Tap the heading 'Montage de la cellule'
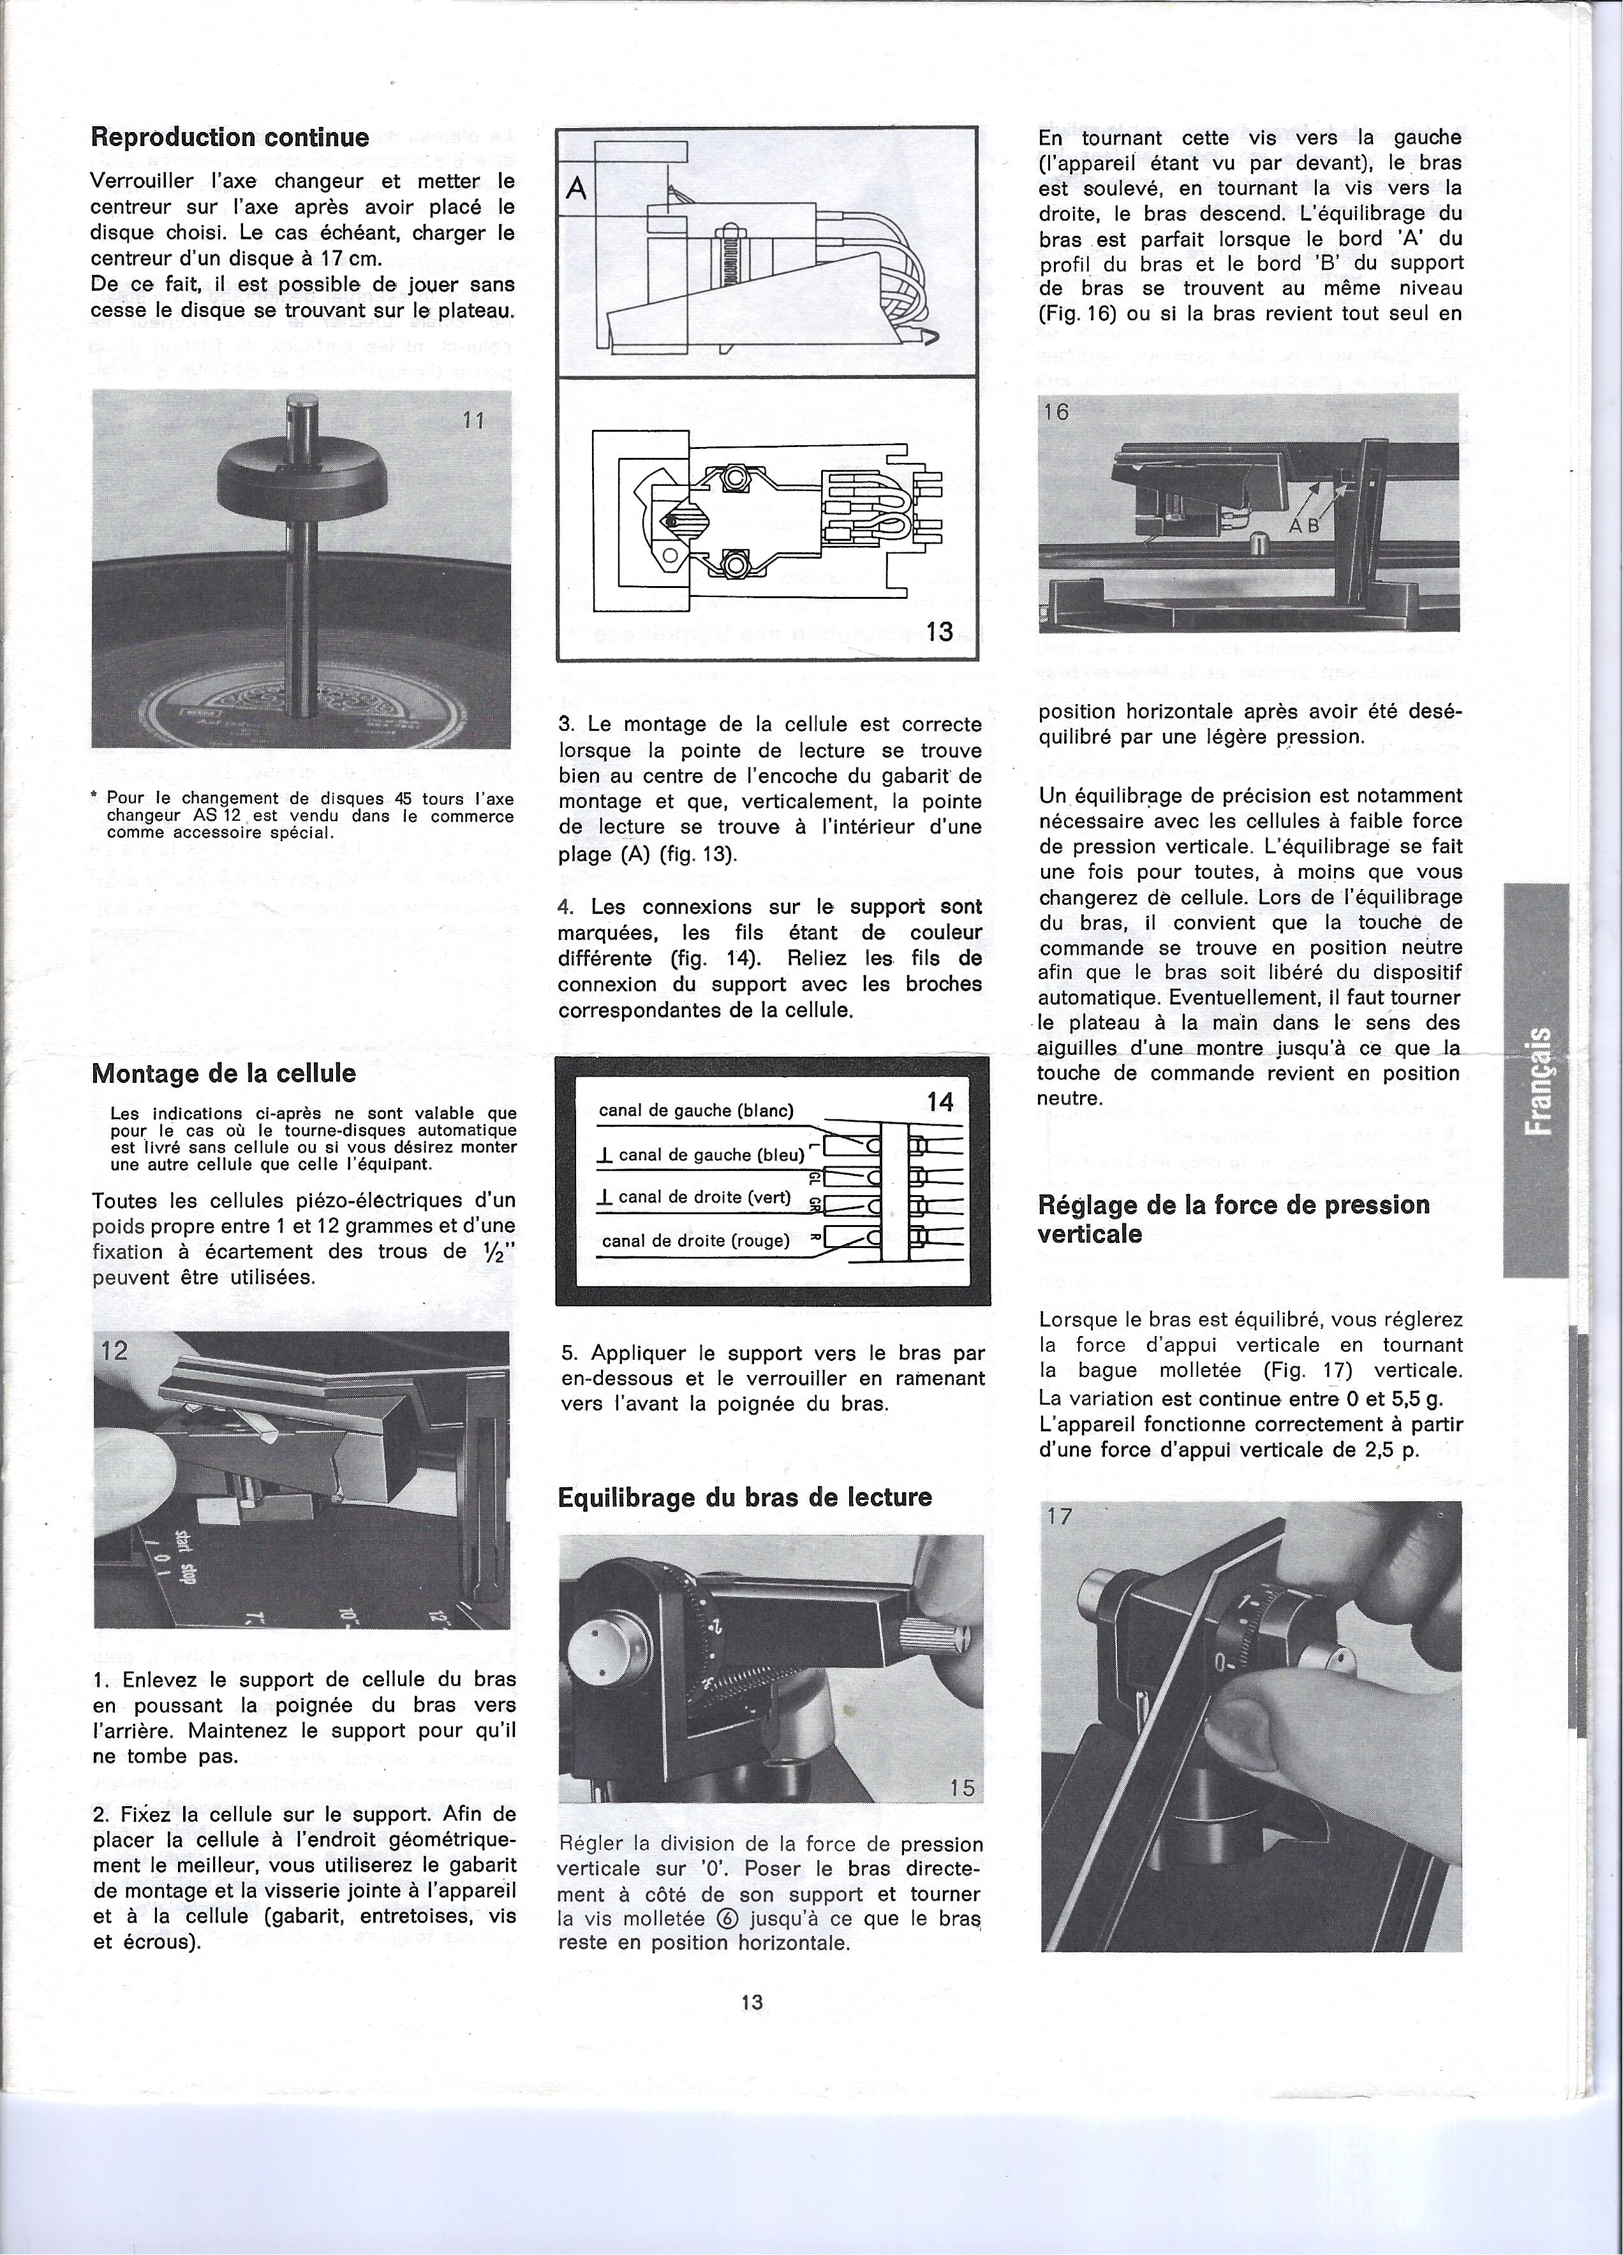pyautogui.click(x=224, y=1074)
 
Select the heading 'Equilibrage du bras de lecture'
pyautogui.click(x=745, y=1497)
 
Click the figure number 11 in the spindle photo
pyautogui.click(x=473, y=420)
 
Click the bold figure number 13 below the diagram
pyautogui.click(x=940, y=631)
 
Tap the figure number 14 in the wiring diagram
pyautogui.click(x=940, y=1101)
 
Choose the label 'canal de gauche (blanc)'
pyautogui.click(x=695, y=1110)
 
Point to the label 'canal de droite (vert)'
pyautogui.click(x=704, y=1197)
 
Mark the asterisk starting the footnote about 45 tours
pyautogui.click(x=94, y=797)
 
